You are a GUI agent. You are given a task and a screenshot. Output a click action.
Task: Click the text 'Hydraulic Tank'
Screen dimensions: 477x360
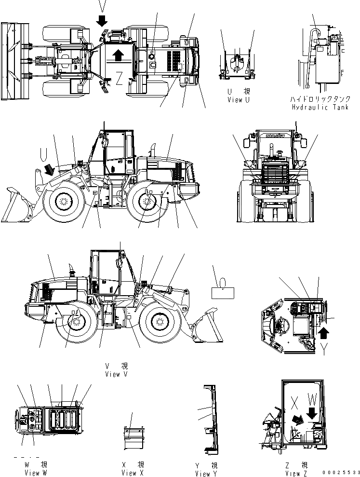coord(320,107)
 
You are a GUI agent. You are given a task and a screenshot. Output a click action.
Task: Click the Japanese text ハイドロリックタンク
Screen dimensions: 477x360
coord(320,99)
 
